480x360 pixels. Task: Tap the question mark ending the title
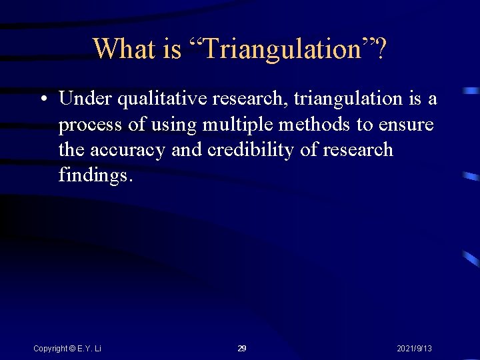[380, 49]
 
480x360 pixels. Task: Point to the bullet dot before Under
[43, 99]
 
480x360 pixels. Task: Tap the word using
[172, 125]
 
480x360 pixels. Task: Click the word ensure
[407, 125]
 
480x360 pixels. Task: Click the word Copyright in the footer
[50, 349]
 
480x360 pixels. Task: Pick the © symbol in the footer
[73, 349]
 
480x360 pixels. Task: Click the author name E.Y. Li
[89, 349]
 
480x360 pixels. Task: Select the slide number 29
[242, 349]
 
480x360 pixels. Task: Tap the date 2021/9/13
[414, 349]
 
